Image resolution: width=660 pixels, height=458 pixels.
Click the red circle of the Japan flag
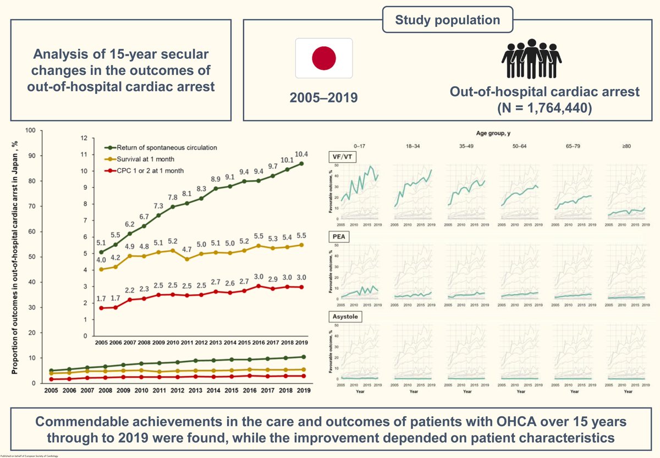(x=323, y=58)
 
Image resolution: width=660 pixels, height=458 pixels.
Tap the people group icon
(x=531, y=60)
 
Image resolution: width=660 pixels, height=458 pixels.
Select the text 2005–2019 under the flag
(x=323, y=98)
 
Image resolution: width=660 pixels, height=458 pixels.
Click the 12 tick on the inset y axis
(x=84, y=138)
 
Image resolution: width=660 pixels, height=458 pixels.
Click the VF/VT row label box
(x=339, y=156)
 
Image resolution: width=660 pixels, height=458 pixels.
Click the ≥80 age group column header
(x=631, y=145)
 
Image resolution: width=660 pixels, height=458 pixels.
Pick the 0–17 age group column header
(x=360, y=145)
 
